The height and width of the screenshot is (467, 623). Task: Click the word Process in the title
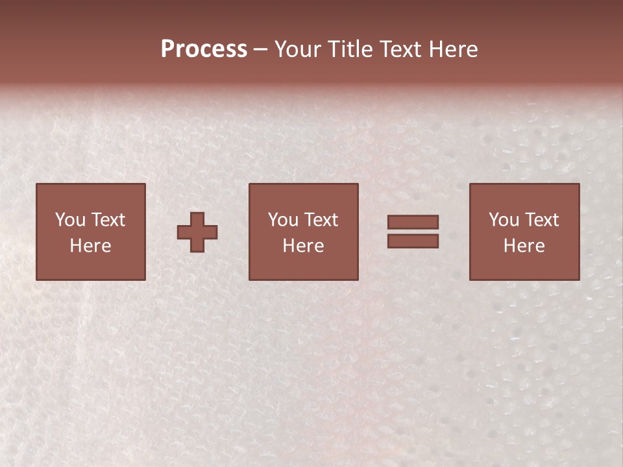point(204,49)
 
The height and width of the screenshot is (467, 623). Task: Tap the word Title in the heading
point(352,49)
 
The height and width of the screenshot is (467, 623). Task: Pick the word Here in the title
point(454,49)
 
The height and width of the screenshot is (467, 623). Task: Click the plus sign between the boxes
point(197,232)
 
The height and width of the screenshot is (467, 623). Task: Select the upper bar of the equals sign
point(413,222)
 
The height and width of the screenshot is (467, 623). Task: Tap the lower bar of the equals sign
point(413,241)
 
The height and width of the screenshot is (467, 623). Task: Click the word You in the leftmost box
point(70,220)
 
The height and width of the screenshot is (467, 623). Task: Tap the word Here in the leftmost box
point(90,246)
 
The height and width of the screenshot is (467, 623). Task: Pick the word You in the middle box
point(283,220)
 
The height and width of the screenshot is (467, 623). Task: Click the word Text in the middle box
point(320,220)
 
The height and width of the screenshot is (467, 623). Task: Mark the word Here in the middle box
point(303,246)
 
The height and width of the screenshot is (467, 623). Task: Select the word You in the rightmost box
point(504,220)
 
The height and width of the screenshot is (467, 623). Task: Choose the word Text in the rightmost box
point(541,220)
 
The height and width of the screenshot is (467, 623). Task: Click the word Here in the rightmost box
point(524,246)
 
